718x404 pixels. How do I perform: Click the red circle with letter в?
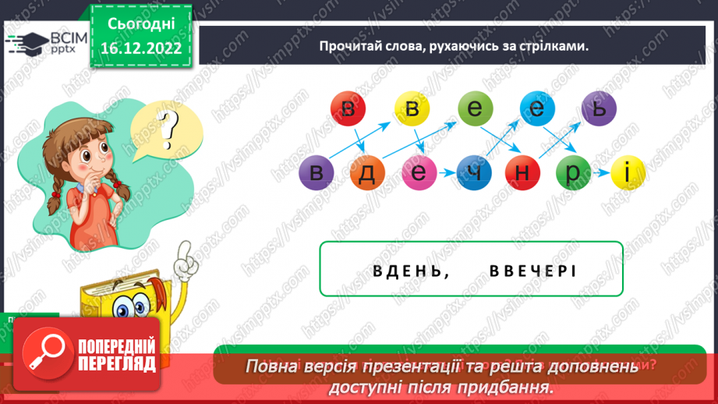(x=348, y=110)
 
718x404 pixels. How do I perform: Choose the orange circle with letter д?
(x=367, y=173)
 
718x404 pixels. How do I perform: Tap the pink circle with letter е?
(x=419, y=173)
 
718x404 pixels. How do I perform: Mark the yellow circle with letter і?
(x=625, y=173)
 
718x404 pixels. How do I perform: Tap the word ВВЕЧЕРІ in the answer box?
(x=532, y=271)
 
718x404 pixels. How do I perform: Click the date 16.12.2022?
(x=140, y=48)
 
